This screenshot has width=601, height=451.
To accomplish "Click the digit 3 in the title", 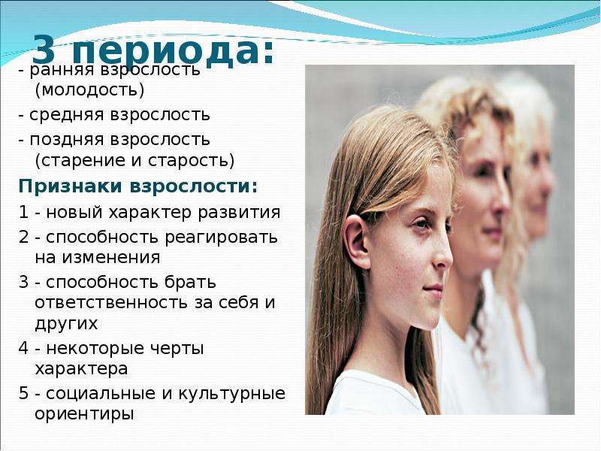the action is click(44, 50).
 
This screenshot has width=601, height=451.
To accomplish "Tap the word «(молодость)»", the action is click(89, 90).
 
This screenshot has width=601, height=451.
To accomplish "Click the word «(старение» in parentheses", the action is click(80, 160).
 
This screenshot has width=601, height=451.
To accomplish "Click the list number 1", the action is click(23, 212).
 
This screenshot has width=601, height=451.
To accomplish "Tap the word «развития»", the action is click(239, 213).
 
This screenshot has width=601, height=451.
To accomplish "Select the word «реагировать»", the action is click(221, 238).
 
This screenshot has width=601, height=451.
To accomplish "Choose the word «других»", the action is click(66, 324).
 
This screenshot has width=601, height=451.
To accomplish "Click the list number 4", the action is click(23, 348).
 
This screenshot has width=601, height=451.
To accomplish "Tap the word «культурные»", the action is click(231, 395).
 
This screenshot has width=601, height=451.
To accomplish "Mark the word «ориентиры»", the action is click(84, 415).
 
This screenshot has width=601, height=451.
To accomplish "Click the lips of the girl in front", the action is click(433, 291).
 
